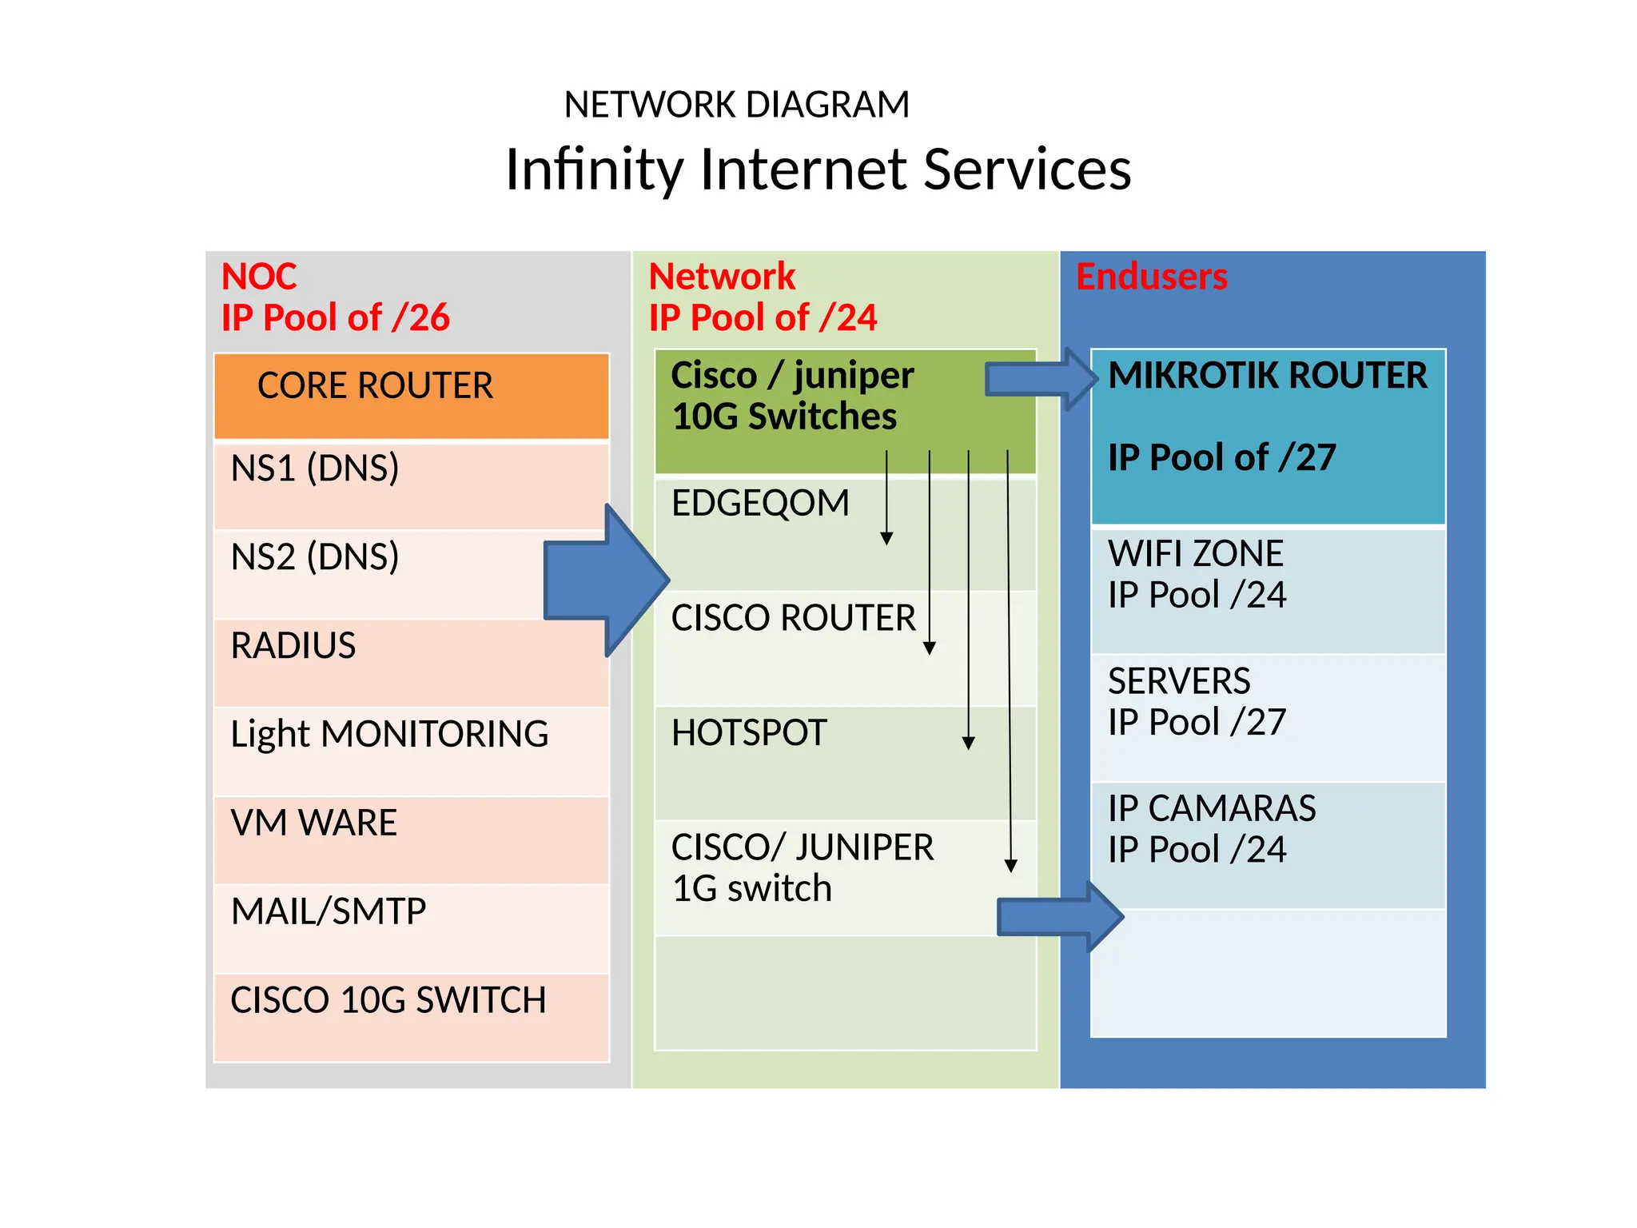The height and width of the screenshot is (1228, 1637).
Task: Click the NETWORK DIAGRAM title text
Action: coord(736,105)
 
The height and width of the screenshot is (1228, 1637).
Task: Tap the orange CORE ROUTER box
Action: coord(412,396)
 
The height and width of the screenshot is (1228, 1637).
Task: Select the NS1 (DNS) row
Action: coord(412,484)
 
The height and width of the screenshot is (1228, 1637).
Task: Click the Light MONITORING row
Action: coord(412,750)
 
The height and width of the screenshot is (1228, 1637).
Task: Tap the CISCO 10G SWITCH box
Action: coord(412,1016)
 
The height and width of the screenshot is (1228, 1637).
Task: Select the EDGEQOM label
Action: coord(760,504)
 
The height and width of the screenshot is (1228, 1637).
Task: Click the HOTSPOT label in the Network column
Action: coord(749,733)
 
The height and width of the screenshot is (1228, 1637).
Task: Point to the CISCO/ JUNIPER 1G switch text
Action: coord(802,867)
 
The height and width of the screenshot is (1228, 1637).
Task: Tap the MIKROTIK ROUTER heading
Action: coord(1268,376)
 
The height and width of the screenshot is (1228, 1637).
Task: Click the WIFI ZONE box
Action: coord(1268,590)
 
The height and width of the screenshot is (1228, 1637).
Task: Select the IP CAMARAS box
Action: coord(1268,844)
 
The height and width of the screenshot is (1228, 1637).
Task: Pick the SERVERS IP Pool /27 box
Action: coord(1268,717)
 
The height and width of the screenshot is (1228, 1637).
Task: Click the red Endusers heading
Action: coord(1151,277)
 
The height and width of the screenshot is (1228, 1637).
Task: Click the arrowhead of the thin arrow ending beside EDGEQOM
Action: coord(886,539)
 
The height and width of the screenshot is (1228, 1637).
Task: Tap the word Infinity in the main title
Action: coord(594,170)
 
